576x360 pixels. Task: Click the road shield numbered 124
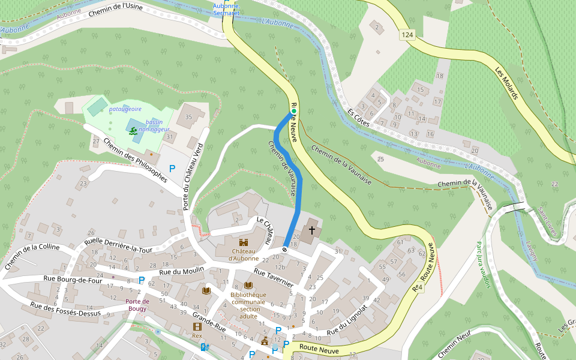(408, 35)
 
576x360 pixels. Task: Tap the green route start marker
(294, 111)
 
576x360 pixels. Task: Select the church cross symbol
(311, 230)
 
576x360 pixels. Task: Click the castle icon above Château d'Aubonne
(244, 242)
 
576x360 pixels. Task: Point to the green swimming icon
(132, 130)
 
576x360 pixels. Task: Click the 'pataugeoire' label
(125, 109)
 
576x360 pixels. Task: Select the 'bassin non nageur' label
(154, 125)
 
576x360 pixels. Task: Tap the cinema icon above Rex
(197, 326)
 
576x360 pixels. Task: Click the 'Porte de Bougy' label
(137, 305)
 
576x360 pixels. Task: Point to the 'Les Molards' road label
(506, 83)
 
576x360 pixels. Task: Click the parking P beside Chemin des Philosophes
(172, 169)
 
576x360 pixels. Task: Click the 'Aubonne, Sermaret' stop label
(226, 9)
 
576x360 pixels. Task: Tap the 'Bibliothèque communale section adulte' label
(248, 305)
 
